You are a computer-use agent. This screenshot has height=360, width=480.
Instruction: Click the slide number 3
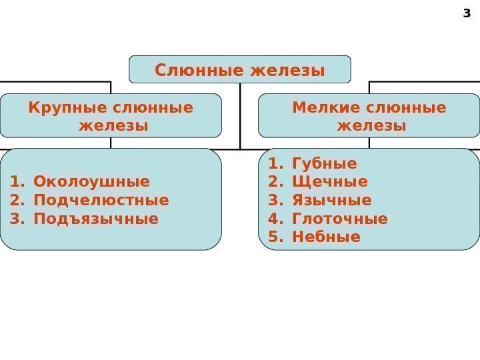466,12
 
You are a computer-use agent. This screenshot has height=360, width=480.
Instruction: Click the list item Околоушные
91,182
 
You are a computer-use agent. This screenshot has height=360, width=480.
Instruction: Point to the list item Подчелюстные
101,200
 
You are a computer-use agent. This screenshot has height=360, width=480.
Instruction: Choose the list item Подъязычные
96,218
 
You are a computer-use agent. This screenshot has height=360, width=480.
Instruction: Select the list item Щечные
329,182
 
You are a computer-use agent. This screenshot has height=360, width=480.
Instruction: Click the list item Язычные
331,200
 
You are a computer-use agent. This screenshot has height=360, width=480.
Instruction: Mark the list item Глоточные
339,219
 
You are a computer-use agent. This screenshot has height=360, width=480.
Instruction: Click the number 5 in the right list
272,237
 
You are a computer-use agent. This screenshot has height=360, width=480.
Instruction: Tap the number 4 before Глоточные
272,219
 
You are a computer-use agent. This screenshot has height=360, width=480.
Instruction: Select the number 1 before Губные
272,164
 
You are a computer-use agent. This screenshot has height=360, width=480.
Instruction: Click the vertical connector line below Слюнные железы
240,117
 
